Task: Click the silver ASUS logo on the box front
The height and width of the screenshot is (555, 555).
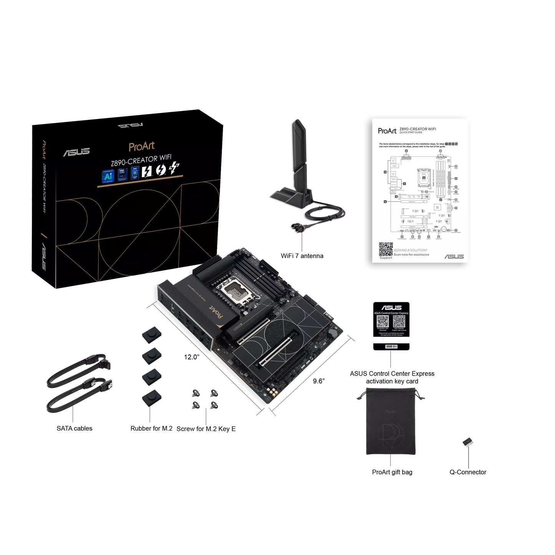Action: [x=76, y=152]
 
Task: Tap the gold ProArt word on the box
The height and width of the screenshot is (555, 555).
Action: [x=141, y=146]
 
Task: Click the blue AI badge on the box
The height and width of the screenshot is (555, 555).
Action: [x=108, y=175]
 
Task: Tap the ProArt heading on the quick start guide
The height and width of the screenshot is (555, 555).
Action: [x=387, y=131]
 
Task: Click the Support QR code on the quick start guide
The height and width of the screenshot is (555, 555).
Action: [x=386, y=249]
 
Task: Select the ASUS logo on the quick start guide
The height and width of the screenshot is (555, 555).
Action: [x=454, y=256]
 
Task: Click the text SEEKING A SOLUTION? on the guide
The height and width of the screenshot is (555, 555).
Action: [x=410, y=250]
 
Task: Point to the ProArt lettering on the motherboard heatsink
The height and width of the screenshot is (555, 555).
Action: [x=217, y=314]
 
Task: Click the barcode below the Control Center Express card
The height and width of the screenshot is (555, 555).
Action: [x=391, y=346]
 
